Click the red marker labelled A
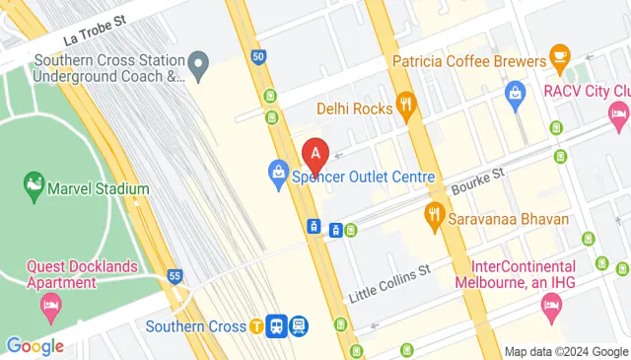315,154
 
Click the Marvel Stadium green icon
34,184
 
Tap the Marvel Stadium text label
97,188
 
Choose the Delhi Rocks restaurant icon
404,105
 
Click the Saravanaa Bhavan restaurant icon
433,214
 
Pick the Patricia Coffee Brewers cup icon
559,55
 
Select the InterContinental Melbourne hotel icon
550,311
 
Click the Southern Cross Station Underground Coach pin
198,65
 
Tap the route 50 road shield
257,57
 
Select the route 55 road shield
175,277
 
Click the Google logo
35,346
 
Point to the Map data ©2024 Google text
565,351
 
